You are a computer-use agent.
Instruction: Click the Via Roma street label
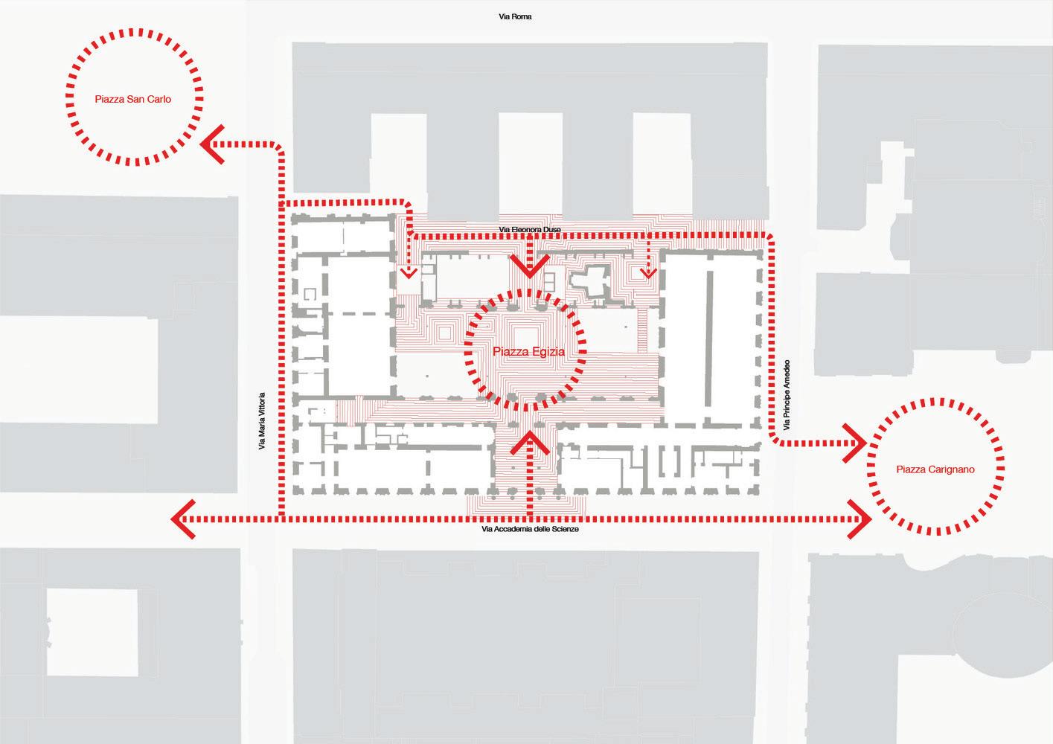pyautogui.click(x=515, y=16)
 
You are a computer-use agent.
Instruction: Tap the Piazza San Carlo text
pyautogui.click(x=133, y=98)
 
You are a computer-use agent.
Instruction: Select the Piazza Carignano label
pyautogui.click(x=935, y=469)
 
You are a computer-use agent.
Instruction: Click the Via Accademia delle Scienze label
pyautogui.click(x=530, y=529)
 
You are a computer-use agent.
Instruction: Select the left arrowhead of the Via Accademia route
pyautogui.click(x=182, y=519)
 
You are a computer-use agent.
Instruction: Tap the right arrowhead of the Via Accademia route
pyautogui.click(x=861, y=519)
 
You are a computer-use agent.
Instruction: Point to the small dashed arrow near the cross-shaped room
pyautogui.click(x=649, y=271)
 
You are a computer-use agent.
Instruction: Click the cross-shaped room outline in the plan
pyautogui.click(x=593, y=281)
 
